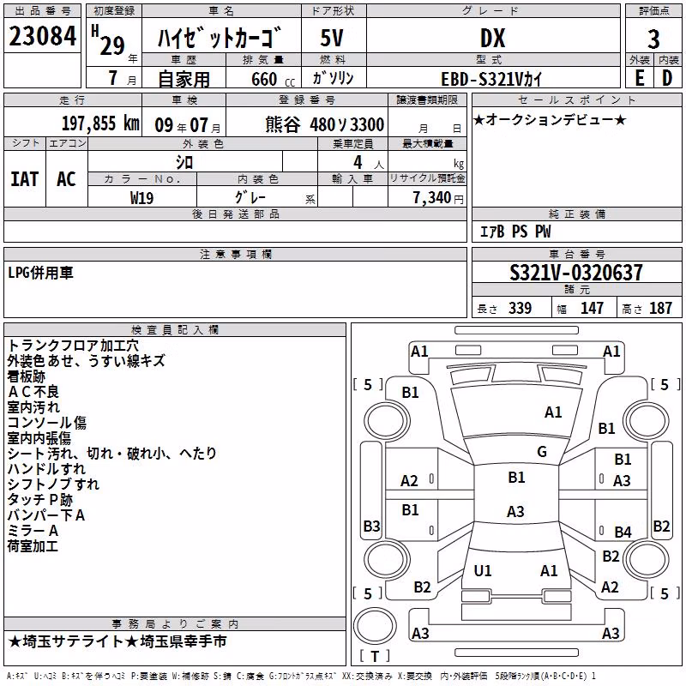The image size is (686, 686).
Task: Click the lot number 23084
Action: tap(42, 36)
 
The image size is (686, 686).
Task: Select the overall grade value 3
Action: tap(653, 39)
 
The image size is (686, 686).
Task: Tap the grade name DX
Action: tap(492, 38)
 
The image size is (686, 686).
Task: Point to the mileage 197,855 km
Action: tap(100, 123)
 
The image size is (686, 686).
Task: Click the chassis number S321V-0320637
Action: tap(576, 273)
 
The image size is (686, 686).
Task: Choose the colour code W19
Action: tap(141, 198)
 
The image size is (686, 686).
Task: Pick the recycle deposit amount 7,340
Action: tap(431, 198)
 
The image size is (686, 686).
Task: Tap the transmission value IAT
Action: tap(24, 179)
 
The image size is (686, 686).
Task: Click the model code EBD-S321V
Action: tap(482, 79)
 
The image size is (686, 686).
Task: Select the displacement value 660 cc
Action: tap(273, 79)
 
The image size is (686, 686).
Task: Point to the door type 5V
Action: tap(332, 38)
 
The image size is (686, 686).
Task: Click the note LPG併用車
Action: tap(40, 273)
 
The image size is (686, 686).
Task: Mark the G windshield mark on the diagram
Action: tap(542, 451)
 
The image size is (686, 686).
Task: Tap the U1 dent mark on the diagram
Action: tap(482, 570)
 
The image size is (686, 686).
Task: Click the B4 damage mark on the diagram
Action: tap(623, 532)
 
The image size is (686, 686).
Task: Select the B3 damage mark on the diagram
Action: tap(371, 526)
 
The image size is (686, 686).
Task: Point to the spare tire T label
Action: tap(375, 656)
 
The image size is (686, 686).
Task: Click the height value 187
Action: tap(660, 308)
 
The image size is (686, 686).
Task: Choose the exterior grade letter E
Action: tap(640, 78)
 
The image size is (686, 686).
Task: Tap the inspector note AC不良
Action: tap(33, 392)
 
